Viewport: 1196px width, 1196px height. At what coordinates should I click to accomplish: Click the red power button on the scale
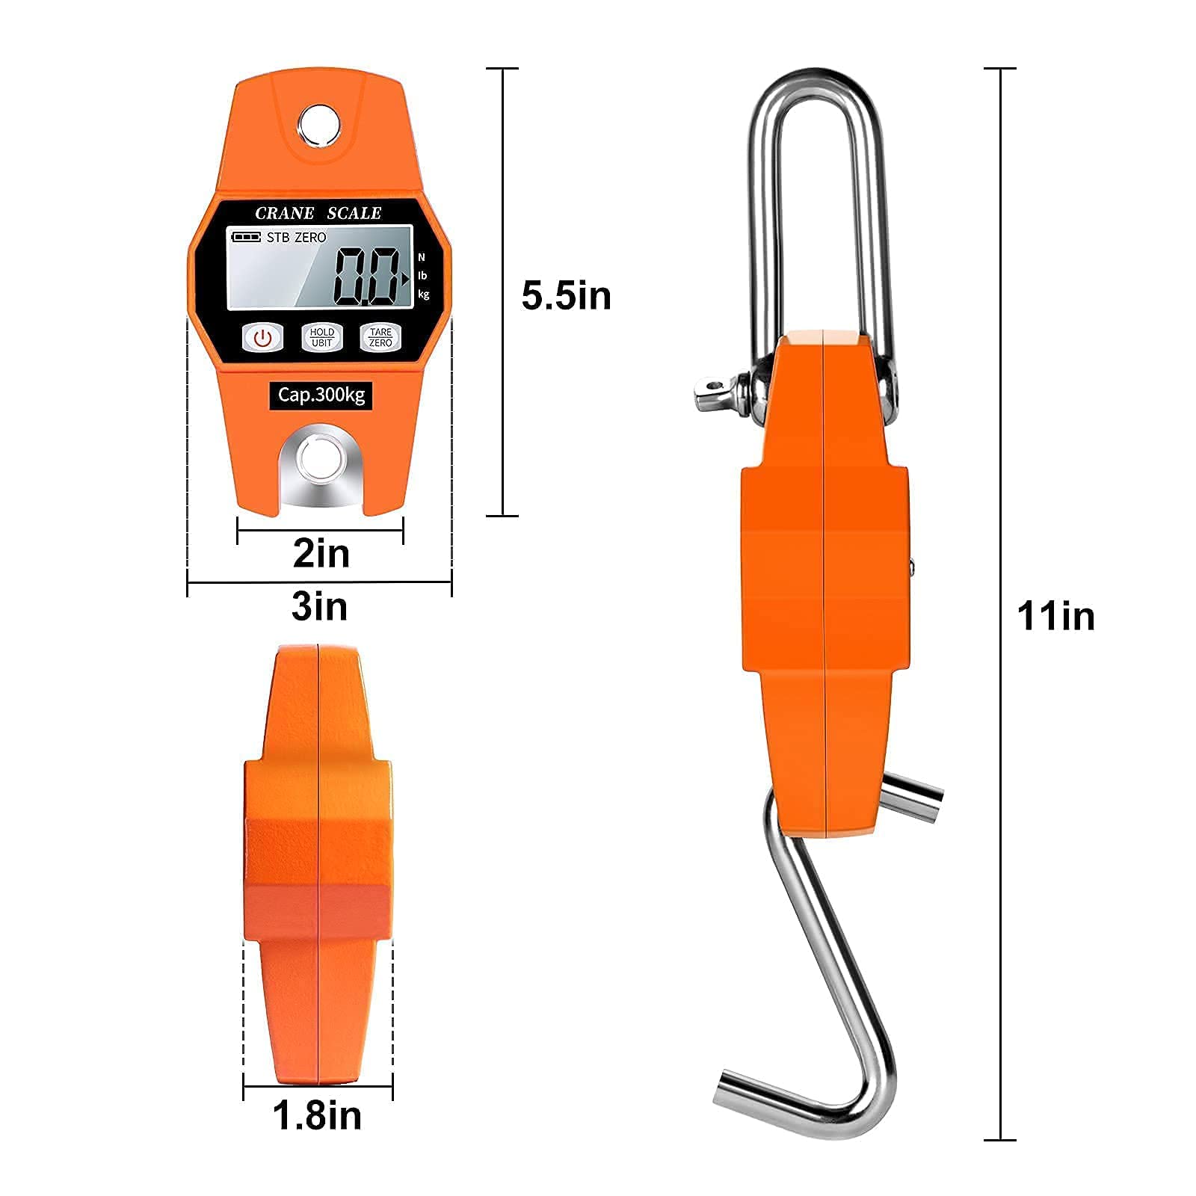click(x=262, y=338)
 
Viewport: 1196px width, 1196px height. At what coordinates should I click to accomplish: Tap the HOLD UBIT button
click(x=321, y=338)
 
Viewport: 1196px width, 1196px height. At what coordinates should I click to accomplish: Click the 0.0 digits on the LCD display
click(x=366, y=277)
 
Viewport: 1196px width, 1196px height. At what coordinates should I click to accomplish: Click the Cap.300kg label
click(x=321, y=395)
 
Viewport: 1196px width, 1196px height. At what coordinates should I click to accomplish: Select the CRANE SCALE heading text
click(x=318, y=213)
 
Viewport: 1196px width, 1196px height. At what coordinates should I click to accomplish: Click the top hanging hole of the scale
click(x=320, y=123)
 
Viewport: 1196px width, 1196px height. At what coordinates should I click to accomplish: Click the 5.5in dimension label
click(x=566, y=296)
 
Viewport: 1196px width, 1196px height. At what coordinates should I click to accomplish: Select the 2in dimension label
click(x=321, y=554)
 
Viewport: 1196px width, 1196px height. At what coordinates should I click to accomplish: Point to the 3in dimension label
click(x=319, y=606)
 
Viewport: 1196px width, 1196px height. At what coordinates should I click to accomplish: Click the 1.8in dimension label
click(x=317, y=1115)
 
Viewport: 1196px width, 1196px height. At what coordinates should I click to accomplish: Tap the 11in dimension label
click(x=1055, y=617)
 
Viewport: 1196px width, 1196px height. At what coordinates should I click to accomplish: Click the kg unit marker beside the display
click(x=424, y=295)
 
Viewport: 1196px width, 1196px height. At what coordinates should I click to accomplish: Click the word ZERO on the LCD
click(x=310, y=238)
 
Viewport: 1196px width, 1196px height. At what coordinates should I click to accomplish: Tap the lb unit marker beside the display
click(x=423, y=276)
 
